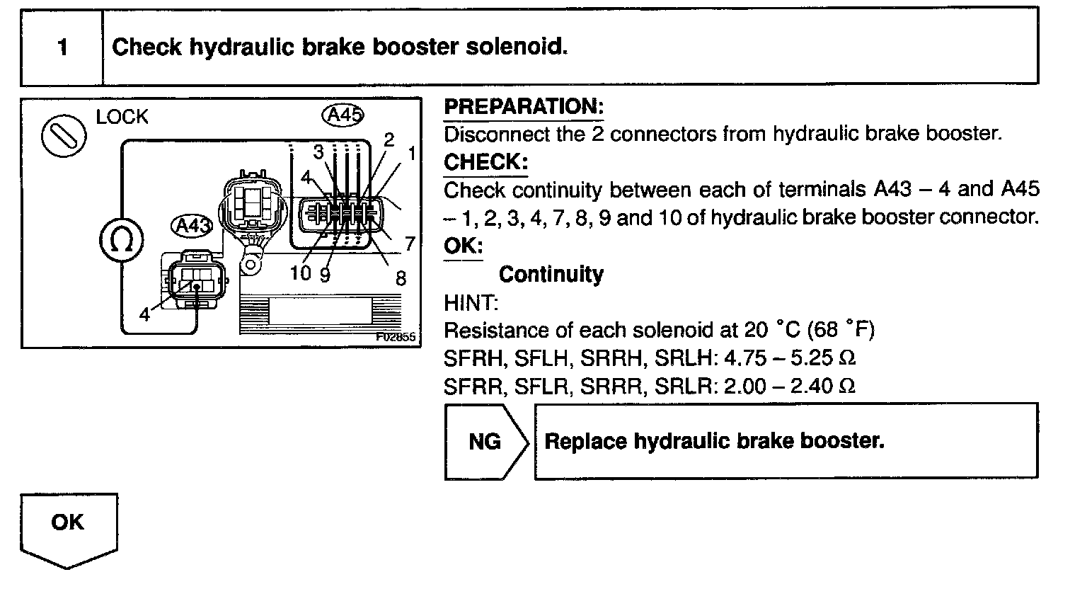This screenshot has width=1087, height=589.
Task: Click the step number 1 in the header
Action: coord(63,48)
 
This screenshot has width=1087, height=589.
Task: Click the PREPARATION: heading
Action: coord(523,107)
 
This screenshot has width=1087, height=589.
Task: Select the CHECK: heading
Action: coord(485,162)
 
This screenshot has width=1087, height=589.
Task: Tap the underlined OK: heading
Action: coord(463,246)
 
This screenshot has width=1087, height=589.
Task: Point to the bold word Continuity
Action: coord(551,274)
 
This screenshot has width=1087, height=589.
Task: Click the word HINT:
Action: coord(471,303)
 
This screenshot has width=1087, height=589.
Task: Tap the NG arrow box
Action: coord(485,442)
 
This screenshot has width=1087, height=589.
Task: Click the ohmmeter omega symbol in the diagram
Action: coord(122,241)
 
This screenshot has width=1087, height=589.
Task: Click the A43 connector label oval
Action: coord(192,227)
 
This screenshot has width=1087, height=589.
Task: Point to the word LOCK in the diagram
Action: coord(122,118)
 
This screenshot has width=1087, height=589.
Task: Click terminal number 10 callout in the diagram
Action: coord(301,273)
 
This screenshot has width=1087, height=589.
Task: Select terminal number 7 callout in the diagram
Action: coord(409,244)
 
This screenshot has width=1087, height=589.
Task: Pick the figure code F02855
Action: coord(396,338)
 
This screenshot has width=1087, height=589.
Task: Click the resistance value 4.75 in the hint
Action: coord(744,358)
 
